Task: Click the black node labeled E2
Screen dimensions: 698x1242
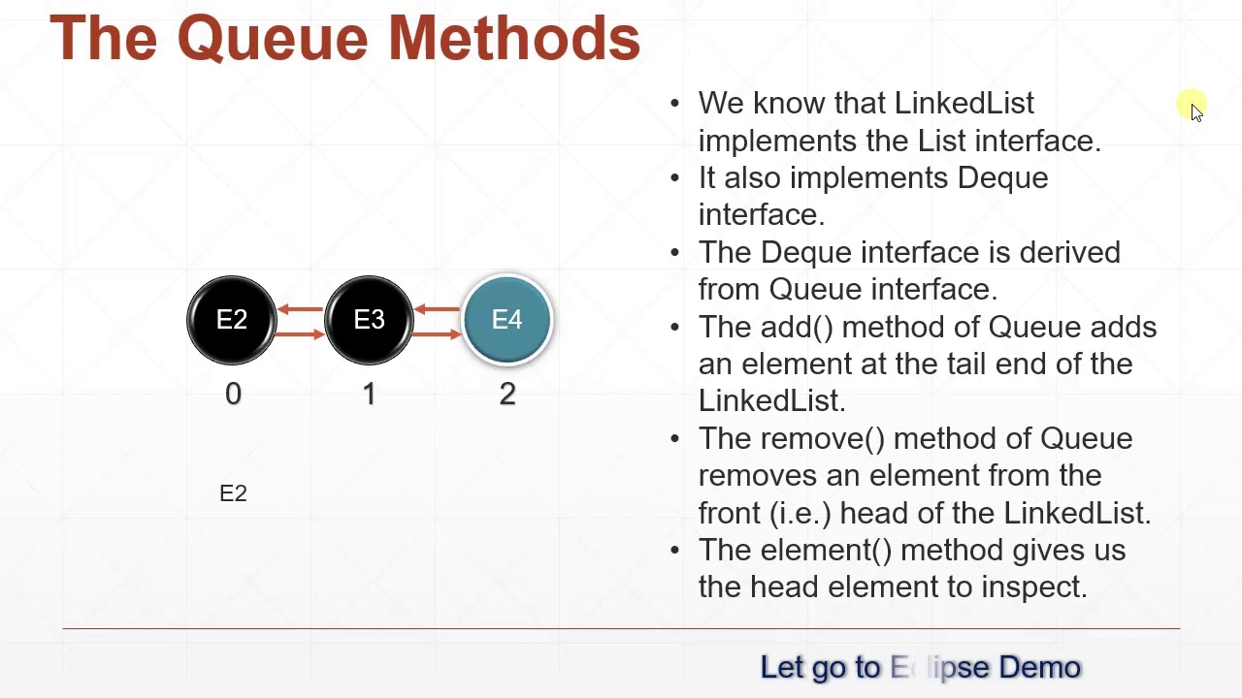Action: coord(232,320)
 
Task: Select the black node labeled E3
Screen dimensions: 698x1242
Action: coord(369,320)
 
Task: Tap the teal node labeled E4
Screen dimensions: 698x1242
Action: coord(507,320)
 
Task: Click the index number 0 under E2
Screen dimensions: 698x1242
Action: coord(233,394)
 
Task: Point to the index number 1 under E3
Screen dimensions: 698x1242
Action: coord(370,394)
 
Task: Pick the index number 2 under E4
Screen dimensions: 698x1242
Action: coord(507,394)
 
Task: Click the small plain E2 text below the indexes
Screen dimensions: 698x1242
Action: coord(233,493)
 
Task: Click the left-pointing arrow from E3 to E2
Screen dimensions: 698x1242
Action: coord(300,309)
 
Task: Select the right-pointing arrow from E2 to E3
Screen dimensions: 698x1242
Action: coord(300,334)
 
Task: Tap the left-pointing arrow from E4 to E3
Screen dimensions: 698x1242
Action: coord(438,309)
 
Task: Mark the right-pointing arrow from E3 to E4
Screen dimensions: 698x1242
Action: coord(438,334)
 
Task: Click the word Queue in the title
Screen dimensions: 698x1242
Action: coord(273,39)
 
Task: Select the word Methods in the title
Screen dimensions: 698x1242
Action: coord(513,39)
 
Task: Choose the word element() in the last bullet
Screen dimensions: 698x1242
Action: coord(826,550)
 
